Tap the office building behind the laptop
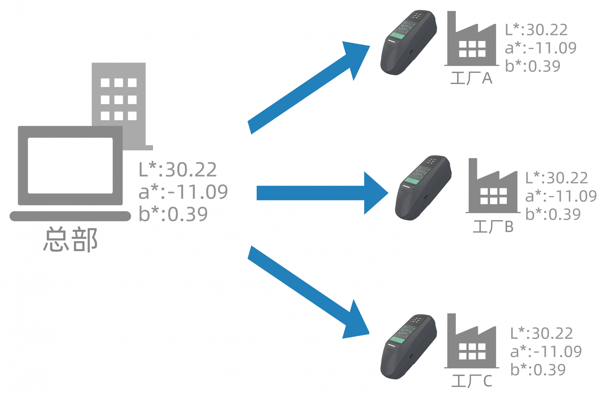(x=119, y=95)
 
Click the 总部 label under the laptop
(x=70, y=239)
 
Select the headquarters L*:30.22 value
(x=178, y=170)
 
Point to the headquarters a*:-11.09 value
(x=183, y=192)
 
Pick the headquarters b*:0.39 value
(x=173, y=214)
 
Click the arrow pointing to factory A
(x=309, y=87)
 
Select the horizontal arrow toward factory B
(x=322, y=193)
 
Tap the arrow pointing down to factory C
(x=309, y=292)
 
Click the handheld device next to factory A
(x=408, y=42)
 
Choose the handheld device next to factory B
(x=423, y=188)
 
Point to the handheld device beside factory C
(x=408, y=347)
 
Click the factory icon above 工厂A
(x=471, y=38)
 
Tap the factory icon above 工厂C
(x=471, y=341)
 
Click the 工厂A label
(x=471, y=78)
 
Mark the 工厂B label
(x=493, y=226)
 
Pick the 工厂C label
(x=472, y=381)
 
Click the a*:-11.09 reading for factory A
(x=541, y=48)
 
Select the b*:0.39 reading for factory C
(x=538, y=370)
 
